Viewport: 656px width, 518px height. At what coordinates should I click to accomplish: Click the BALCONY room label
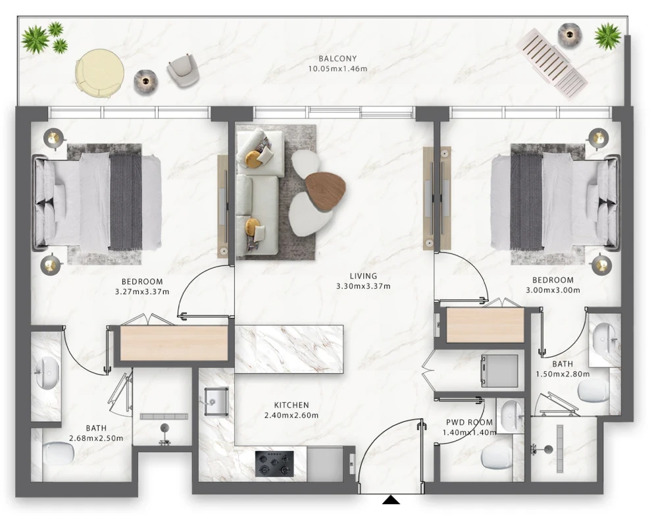point(337,59)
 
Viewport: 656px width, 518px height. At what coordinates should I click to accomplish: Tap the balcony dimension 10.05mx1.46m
point(338,68)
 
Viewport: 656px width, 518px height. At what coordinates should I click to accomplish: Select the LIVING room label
point(363,276)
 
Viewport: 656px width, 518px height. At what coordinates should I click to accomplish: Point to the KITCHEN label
point(291,405)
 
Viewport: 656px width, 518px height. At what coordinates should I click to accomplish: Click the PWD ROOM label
point(469,423)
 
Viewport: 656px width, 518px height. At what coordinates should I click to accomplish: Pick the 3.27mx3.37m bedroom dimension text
point(142,292)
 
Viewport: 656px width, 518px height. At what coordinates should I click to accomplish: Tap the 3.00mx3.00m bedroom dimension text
point(553,290)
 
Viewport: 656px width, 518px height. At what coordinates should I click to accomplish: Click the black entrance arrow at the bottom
point(391,499)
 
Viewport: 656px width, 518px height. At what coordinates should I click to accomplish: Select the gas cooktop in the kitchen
point(274,463)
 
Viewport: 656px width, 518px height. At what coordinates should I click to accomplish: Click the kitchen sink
point(216,401)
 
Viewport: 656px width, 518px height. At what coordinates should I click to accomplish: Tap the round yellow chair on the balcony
point(99,74)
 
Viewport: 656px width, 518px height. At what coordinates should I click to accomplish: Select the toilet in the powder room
point(495,457)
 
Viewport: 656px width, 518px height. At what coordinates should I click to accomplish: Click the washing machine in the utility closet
point(499,371)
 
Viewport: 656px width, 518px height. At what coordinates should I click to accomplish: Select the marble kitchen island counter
point(289,349)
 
